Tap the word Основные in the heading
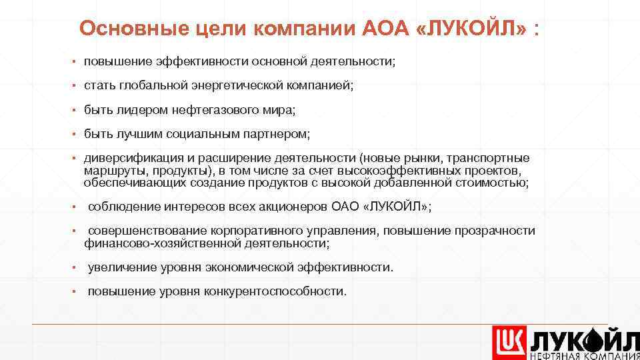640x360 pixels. click(119, 29)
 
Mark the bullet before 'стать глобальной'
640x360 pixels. click(75, 85)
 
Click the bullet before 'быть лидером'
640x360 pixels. click(75, 109)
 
